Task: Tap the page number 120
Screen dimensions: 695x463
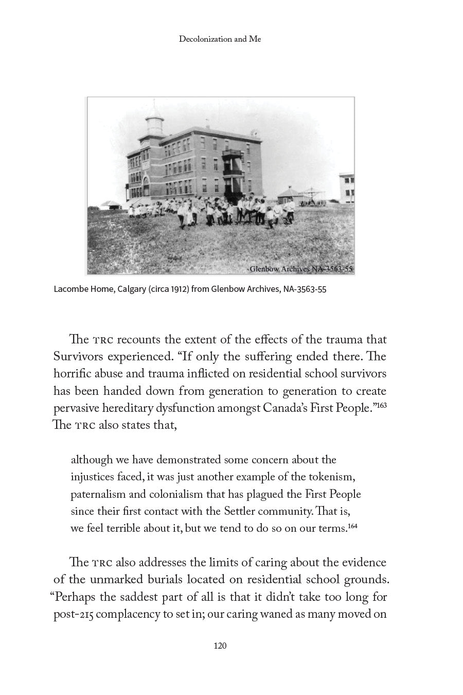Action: tap(220, 646)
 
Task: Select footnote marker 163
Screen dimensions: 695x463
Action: tap(381, 406)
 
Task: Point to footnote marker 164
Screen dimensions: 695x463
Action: tap(352, 526)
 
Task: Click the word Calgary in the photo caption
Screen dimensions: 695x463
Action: tap(131, 289)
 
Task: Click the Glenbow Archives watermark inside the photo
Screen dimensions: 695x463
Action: tap(301, 268)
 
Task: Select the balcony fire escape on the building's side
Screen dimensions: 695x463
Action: tap(233, 170)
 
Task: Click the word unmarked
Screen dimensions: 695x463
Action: tap(113, 580)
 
